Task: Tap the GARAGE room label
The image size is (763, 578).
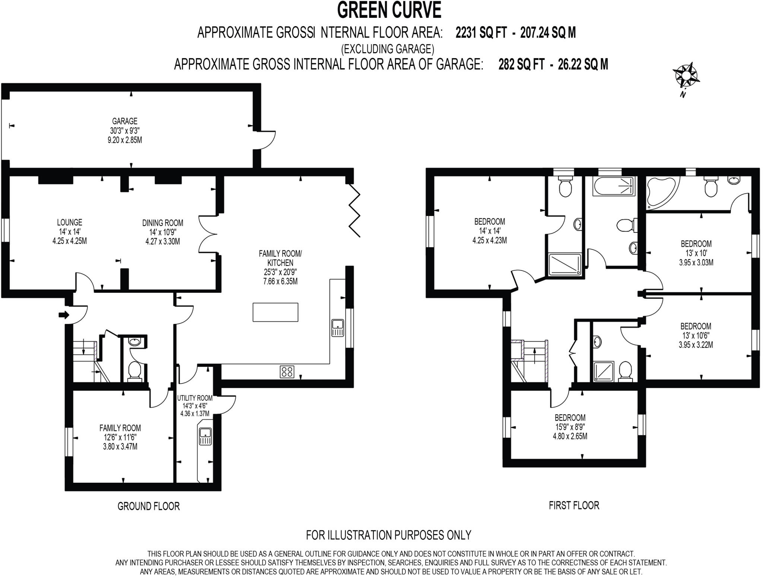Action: click(x=125, y=121)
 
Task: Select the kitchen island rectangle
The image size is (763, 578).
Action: click(x=275, y=312)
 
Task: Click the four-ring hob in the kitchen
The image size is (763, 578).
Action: click(x=287, y=371)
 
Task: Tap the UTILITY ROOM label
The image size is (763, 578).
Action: click(x=194, y=398)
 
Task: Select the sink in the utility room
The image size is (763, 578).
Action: click(x=205, y=436)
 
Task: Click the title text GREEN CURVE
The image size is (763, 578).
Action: click(x=389, y=10)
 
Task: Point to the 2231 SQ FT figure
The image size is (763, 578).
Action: click(x=481, y=33)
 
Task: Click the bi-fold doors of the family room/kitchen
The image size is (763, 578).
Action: click(x=354, y=210)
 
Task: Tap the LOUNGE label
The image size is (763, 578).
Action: click(x=70, y=222)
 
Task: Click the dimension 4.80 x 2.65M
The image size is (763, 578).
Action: click(x=570, y=436)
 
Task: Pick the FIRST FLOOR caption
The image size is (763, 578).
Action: click(x=574, y=505)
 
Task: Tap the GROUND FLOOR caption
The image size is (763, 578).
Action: click(x=149, y=506)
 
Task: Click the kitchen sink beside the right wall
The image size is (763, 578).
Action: click(x=338, y=328)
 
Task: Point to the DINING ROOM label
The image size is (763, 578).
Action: click(x=163, y=223)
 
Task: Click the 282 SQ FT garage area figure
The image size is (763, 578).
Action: click(x=522, y=64)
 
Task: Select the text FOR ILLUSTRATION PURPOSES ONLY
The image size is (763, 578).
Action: click(x=389, y=535)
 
